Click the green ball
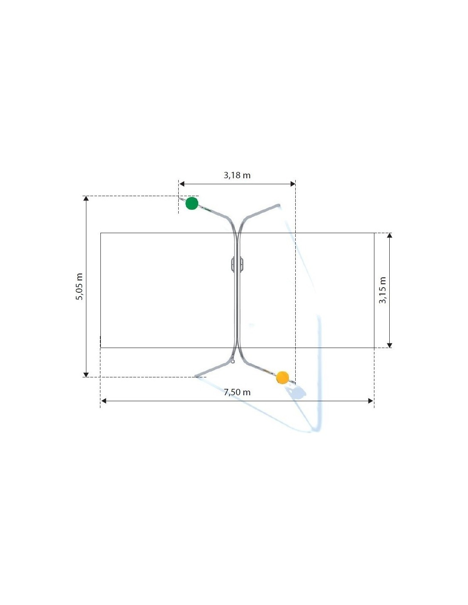tap(192, 203)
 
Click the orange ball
tap(283, 377)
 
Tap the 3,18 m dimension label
tap(237, 175)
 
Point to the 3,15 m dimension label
tap(382, 290)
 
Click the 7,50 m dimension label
tap(237, 392)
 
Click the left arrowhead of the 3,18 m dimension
tap(182, 184)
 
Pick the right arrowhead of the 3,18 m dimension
tap(292, 184)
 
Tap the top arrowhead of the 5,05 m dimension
tap(86, 199)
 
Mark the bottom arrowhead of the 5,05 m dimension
tap(86, 374)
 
